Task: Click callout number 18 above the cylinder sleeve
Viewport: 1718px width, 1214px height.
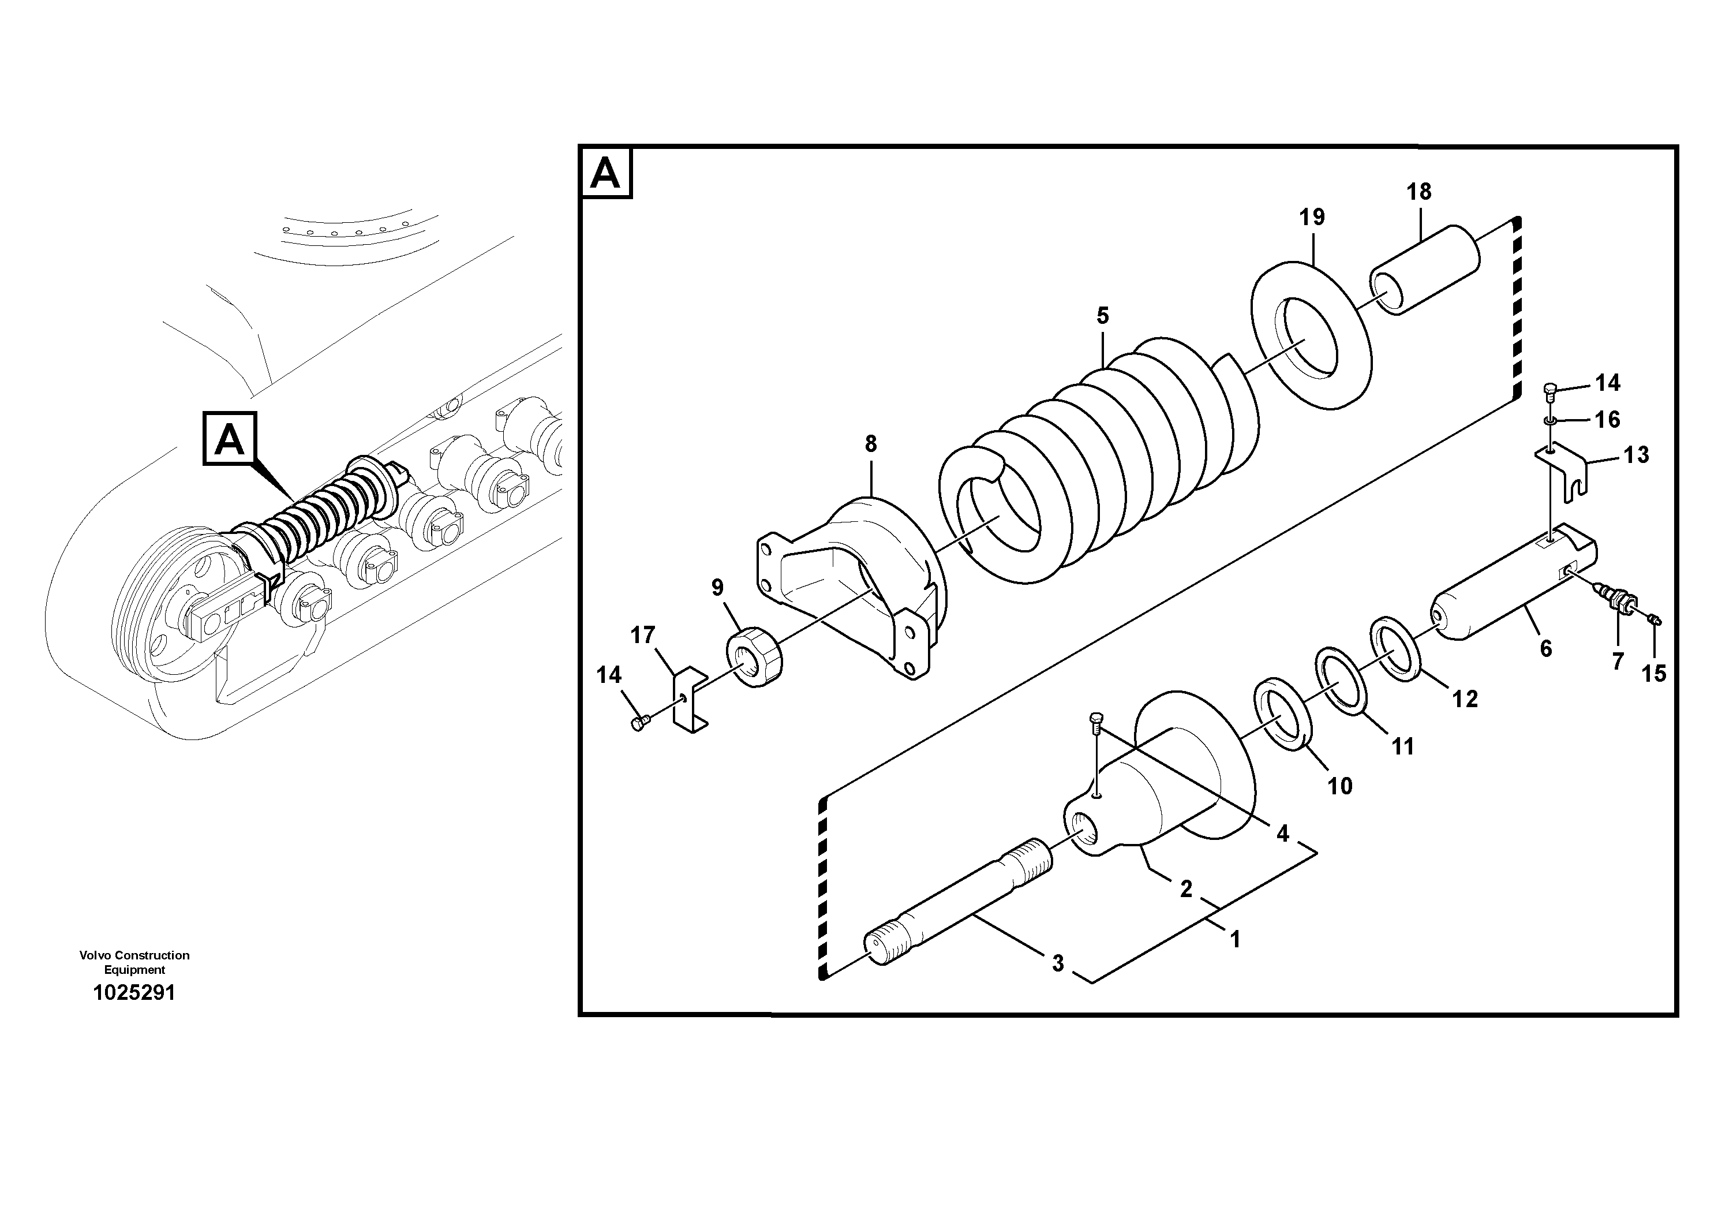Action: pos(1418,192)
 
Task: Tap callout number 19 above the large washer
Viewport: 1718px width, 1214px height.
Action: pos(1312,218)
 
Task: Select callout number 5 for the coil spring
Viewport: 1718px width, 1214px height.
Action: pos(1102,316)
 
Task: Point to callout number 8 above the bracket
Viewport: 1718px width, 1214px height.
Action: pos(870,444)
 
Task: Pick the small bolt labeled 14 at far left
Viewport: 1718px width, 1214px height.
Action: pos(638,723)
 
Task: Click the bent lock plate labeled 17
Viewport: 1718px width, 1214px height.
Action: pos(690,700)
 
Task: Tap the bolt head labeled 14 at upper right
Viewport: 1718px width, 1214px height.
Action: pos(1551,389)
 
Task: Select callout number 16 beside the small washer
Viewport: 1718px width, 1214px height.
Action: pos(1607,420)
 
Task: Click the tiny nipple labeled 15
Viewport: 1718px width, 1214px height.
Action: pos(1655,619)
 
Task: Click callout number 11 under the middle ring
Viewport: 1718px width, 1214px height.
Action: pos(1402,746)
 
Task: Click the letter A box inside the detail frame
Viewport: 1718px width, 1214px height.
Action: pos(605,174)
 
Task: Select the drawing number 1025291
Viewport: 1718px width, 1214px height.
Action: pos(134,993)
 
